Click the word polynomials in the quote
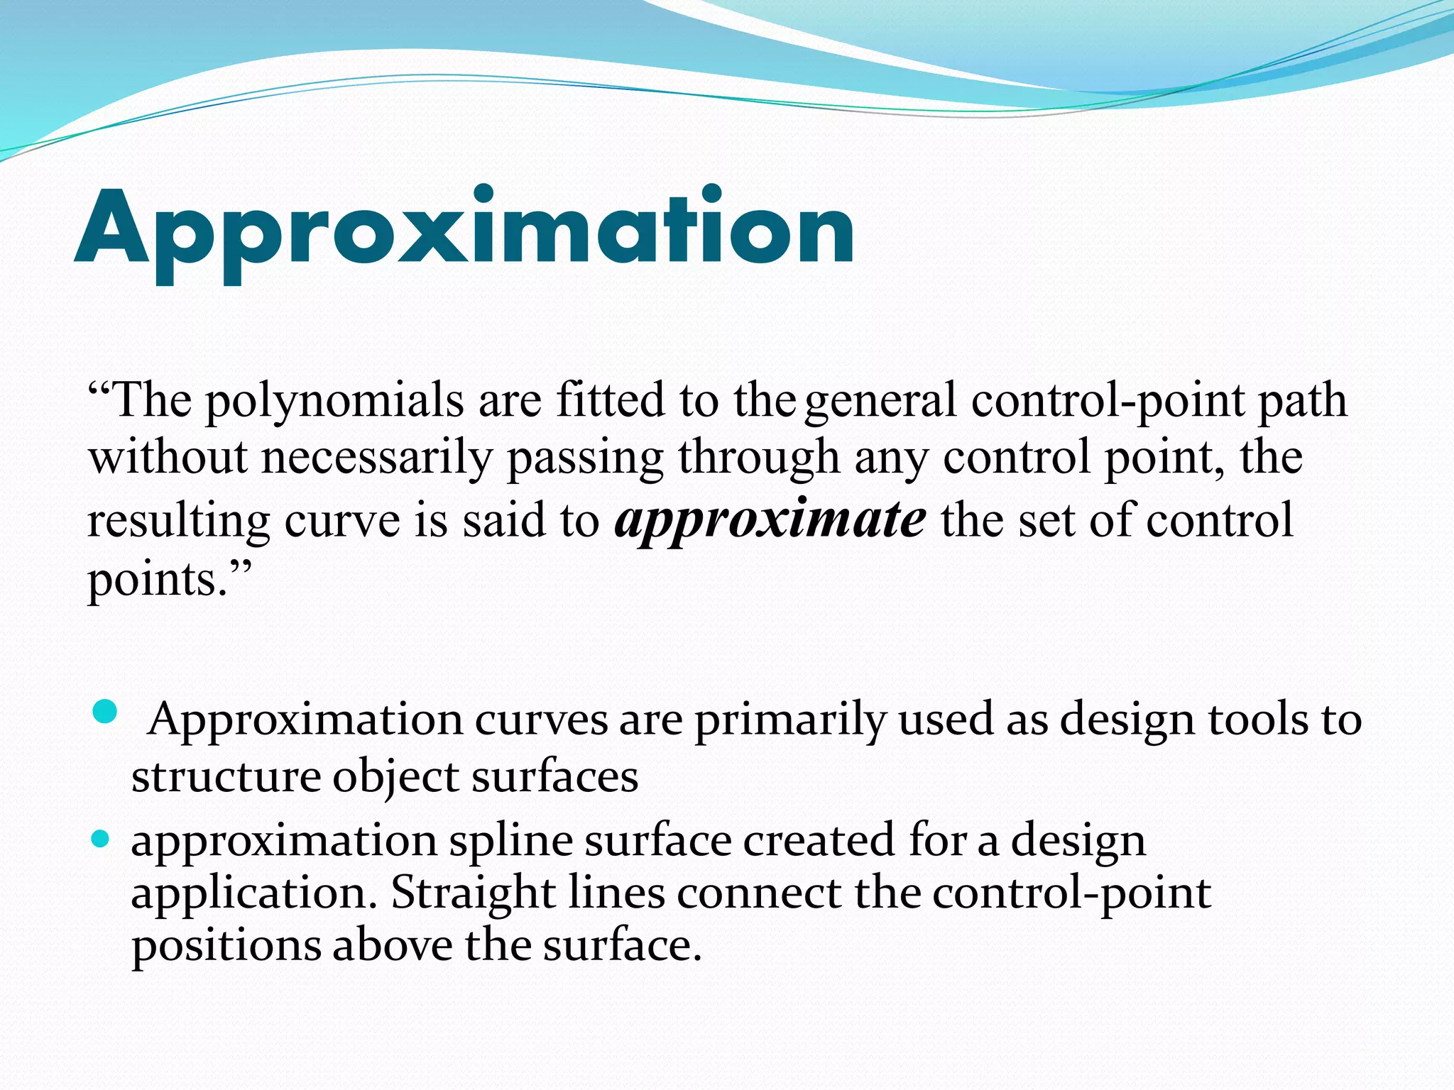pos(334,401)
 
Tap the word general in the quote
pos(880,401)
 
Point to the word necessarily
pos(376,458)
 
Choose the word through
pos(758,458)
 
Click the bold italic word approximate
pos(770,520)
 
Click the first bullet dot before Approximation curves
pos(104,711)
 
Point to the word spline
pos(510,842)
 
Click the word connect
pos(759,893)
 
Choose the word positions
pos(226,947)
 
